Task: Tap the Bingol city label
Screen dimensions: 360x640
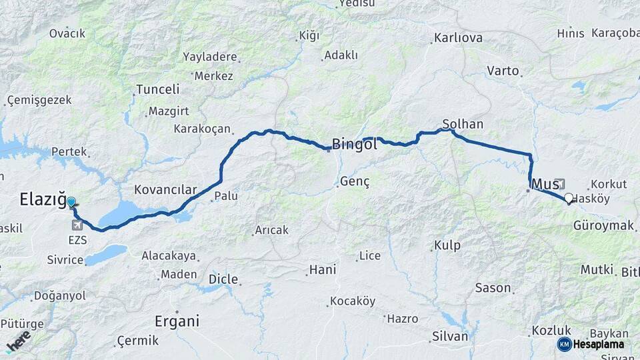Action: pyautogui.click(x=355, y=144)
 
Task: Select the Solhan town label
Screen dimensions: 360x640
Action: pyautogui.click(x=463, y=124)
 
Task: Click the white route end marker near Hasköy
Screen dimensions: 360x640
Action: pyautogui.click(x=569, y=198)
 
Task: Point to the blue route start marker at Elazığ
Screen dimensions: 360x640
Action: pyautogui.click(x=71, y=201)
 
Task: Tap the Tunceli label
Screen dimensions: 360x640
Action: pyautogui.click(x=158, y=89)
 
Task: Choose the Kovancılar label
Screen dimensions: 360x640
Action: pyautogui.click(x=165, y=190)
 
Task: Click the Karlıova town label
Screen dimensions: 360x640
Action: pyautogui.click(x=458, y=38)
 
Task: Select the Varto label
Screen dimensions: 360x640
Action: pyautogui.click(x=503, y=70)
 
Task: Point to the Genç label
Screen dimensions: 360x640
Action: pyautogui.click(x=355, y=181)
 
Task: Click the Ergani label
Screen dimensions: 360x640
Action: pyautogui.click(x=177, y=321)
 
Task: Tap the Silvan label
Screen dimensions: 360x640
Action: pyautogui.click(x=450, y=336)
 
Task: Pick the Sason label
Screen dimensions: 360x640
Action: pyautogui.click(x=493, y=288)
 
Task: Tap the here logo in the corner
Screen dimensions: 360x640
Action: pyautogui.click(x=18, y=341)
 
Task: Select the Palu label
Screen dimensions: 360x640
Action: pyautogui.click(x=226, y=197)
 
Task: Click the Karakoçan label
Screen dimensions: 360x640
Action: pyautogui.click(x=202, y=129)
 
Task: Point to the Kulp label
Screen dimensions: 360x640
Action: pyautogui.click(x=447, y=245)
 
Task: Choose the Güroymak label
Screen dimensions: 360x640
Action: pyautogui.click(x=603, y=226)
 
